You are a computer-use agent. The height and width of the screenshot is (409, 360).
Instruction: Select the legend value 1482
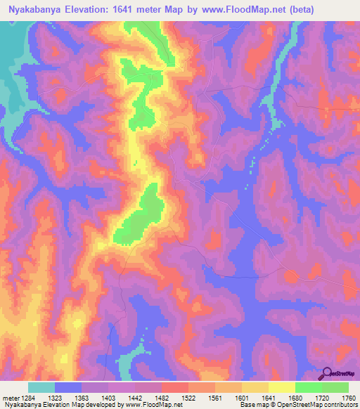tap(161, 397)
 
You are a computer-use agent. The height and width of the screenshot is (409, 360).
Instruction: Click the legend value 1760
tap(348, 397)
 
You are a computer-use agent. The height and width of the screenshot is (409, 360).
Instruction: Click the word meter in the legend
tap(10, 397)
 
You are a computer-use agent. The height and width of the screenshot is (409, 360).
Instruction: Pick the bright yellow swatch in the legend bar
tap(281, 387)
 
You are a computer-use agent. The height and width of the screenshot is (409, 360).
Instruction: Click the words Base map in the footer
tap(252, 405)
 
